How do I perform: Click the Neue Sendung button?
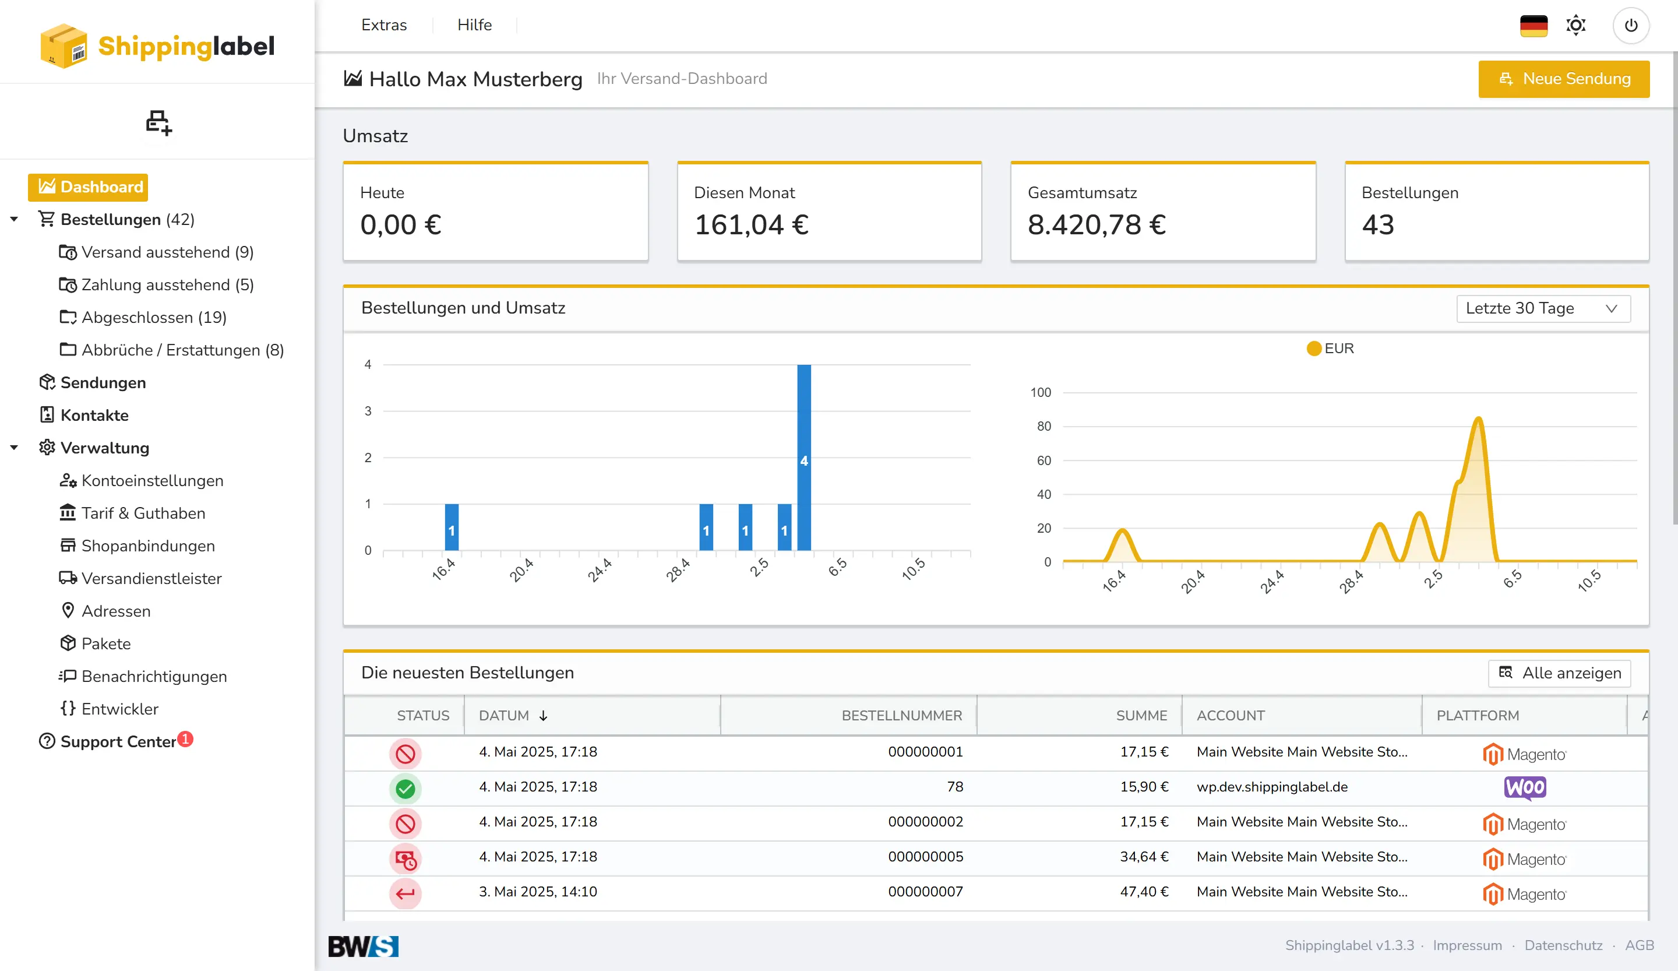tap(1563, 79)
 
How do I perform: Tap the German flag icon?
tap(1534, 25)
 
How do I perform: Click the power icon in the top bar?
tap(1631, 25)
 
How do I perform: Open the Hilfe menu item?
tap(474, 25)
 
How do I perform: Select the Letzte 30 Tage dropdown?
tap(1543, 308)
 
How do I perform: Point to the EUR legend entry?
tap(1330, 349)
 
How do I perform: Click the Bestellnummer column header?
tap(901, 715)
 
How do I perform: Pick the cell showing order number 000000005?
tap(925, 856)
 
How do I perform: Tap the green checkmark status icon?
tap(405, 789)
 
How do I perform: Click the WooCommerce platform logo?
tap(1524, 787)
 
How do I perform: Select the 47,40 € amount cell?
tap(1143, 892)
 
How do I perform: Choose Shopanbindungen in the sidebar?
tap(148, 546)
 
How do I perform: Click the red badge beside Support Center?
tap(186, 738)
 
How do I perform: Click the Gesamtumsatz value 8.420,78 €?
tap(1096, 225)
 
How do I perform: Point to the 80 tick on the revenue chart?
tap(1044, 426)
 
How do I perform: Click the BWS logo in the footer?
tap(363, 946)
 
